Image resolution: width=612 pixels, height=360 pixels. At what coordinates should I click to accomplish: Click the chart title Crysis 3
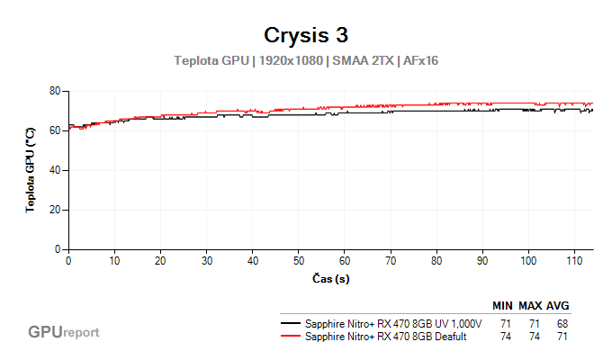point(305,35)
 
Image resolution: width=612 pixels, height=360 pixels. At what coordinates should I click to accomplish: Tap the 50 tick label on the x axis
point(299,261)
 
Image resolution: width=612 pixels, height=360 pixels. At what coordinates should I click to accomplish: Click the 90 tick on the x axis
point(483,261)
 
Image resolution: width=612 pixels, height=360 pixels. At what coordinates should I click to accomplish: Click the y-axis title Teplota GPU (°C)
point(30,170)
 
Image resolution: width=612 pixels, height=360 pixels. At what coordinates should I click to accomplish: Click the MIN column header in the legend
point(506,306)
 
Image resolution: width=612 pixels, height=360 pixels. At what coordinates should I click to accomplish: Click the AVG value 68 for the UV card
point(562,323)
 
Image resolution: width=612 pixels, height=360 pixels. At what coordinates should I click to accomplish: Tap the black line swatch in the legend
point(291,323)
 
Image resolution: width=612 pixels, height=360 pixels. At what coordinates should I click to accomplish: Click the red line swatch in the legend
point(291,337)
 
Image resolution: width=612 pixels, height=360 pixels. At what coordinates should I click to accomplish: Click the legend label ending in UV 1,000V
point(393,323)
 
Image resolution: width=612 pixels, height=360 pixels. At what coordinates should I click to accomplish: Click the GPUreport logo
point(64,332)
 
